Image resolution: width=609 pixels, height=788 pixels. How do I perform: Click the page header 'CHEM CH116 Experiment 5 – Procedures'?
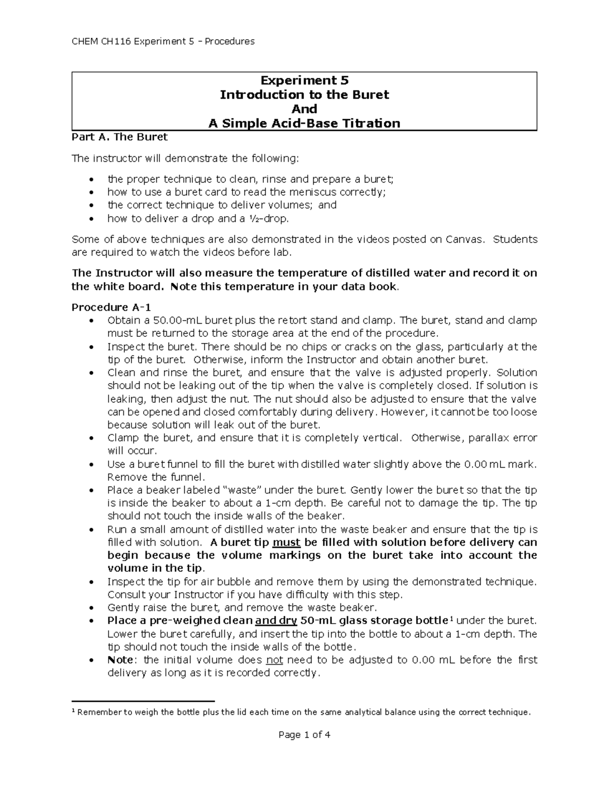[x=163, y=41]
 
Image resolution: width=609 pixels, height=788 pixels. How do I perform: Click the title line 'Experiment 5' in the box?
[x=304, y=80]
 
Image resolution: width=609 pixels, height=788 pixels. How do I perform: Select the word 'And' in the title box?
[x=304, y=109]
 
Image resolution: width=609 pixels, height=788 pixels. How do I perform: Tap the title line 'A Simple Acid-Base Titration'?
[x=304, y=123]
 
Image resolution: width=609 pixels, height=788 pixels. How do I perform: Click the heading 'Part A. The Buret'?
[x=119, y=136]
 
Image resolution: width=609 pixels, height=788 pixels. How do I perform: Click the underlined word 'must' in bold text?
[x=287, y=542]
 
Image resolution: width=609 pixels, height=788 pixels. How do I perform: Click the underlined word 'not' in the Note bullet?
[x=275, y=660]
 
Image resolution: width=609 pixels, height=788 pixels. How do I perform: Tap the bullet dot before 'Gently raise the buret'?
[x=91, y=608]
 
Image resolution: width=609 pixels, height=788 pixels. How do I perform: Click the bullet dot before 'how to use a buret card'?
[x=91, y=192]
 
